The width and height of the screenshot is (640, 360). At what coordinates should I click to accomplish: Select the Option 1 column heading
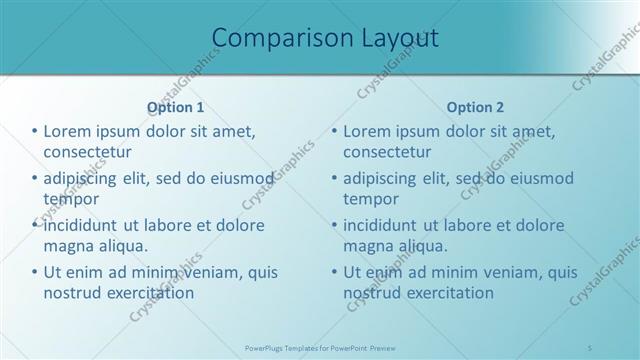(x=176, y=107)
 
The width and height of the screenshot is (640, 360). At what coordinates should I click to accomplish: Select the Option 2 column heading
(x=476, y=107)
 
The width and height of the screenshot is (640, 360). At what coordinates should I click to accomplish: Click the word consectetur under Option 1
(x=88, y=152)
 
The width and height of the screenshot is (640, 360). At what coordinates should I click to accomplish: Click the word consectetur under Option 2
(x=388, y=152)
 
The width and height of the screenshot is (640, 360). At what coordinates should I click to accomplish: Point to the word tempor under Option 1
(x=71, y=199)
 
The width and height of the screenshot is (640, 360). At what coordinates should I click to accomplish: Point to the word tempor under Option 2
(x=371, y=199)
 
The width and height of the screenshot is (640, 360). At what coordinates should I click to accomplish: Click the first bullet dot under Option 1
(x=35, y=132)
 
